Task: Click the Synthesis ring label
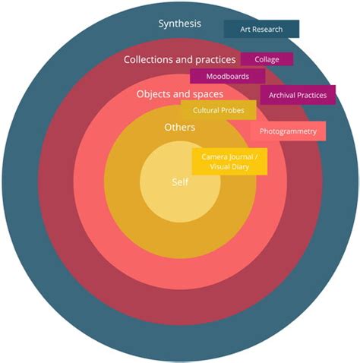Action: (x=180, y=24)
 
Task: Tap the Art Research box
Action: (x=261, y=29)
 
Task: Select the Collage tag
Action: (x=267, y=59)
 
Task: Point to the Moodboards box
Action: (x=228, y=76)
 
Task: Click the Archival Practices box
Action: (x=298, y=95)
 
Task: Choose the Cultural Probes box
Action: (x=219, y=110)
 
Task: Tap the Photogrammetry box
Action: (x=288, y=131)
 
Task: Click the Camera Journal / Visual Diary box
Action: (x=229, y=162)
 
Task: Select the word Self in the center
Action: (x=180, y=182)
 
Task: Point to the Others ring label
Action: (x=180, y=127)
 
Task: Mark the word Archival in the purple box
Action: (x=282, y=95)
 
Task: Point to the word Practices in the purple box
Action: (x=311, y=95)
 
